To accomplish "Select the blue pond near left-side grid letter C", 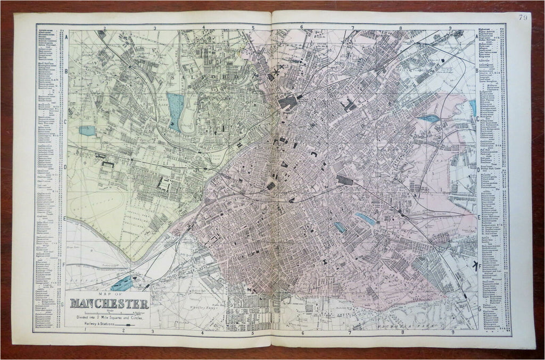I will pyautogui.click(x=87, y=130).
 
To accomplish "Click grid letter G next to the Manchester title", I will pyautogui.click(x=63, y=305).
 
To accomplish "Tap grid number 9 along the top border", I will pyautogui.click(x=450, y=28).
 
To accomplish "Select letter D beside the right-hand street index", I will pyautogui.click(x=478, y=170).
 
